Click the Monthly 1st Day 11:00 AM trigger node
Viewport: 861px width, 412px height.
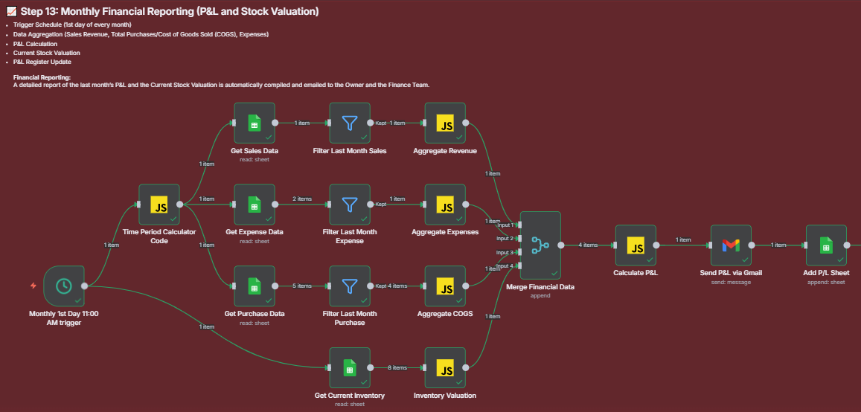point(64,286)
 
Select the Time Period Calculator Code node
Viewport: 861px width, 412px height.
point(160,205)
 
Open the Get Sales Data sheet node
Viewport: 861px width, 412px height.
point(255,123)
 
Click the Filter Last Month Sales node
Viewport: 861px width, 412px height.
point(350,123)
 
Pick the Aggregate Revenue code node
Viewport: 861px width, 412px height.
point(445,123)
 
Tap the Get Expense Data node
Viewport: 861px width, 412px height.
point(255,205)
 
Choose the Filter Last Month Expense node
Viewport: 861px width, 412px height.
point(350,205)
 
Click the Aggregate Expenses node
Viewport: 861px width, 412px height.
point(445,205)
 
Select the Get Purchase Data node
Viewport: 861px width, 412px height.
point(255,286)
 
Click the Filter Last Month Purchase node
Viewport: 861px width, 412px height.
point(350,286)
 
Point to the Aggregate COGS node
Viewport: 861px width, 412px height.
point(445,286)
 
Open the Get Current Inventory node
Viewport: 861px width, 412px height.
point(350,367)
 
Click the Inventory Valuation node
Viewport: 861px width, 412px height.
point(445,367)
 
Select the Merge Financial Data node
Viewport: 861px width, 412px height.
point(540,245)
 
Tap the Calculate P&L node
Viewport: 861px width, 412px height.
point(636,245)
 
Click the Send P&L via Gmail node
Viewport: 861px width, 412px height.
point(731,245)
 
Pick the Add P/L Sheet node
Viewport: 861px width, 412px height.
point(826,245)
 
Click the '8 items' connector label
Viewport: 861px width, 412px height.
point(397,367)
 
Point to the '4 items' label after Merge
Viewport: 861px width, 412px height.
point(588,245)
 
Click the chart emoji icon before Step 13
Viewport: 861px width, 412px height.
point(10,12)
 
